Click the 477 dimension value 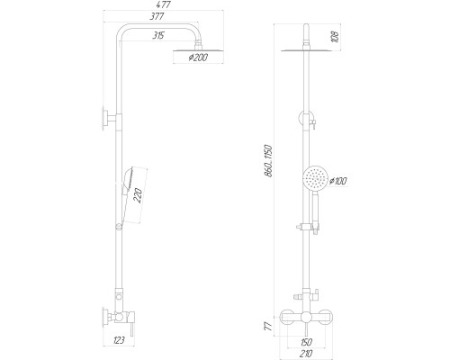[164, 4]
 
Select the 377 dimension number [157, 16]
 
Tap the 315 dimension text [158, 36]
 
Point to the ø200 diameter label [198, 57]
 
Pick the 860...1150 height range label [269, 161]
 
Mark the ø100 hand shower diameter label [337, 181]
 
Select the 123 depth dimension [119, 340]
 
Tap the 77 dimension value [269, 326]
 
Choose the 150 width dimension [306, 342]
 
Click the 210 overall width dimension [306, 353]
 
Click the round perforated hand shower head [314, 179]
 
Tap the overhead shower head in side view [199, 51]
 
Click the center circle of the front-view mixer [306, 318]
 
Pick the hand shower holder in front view [309, 227]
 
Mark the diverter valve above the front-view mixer [306, 296]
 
